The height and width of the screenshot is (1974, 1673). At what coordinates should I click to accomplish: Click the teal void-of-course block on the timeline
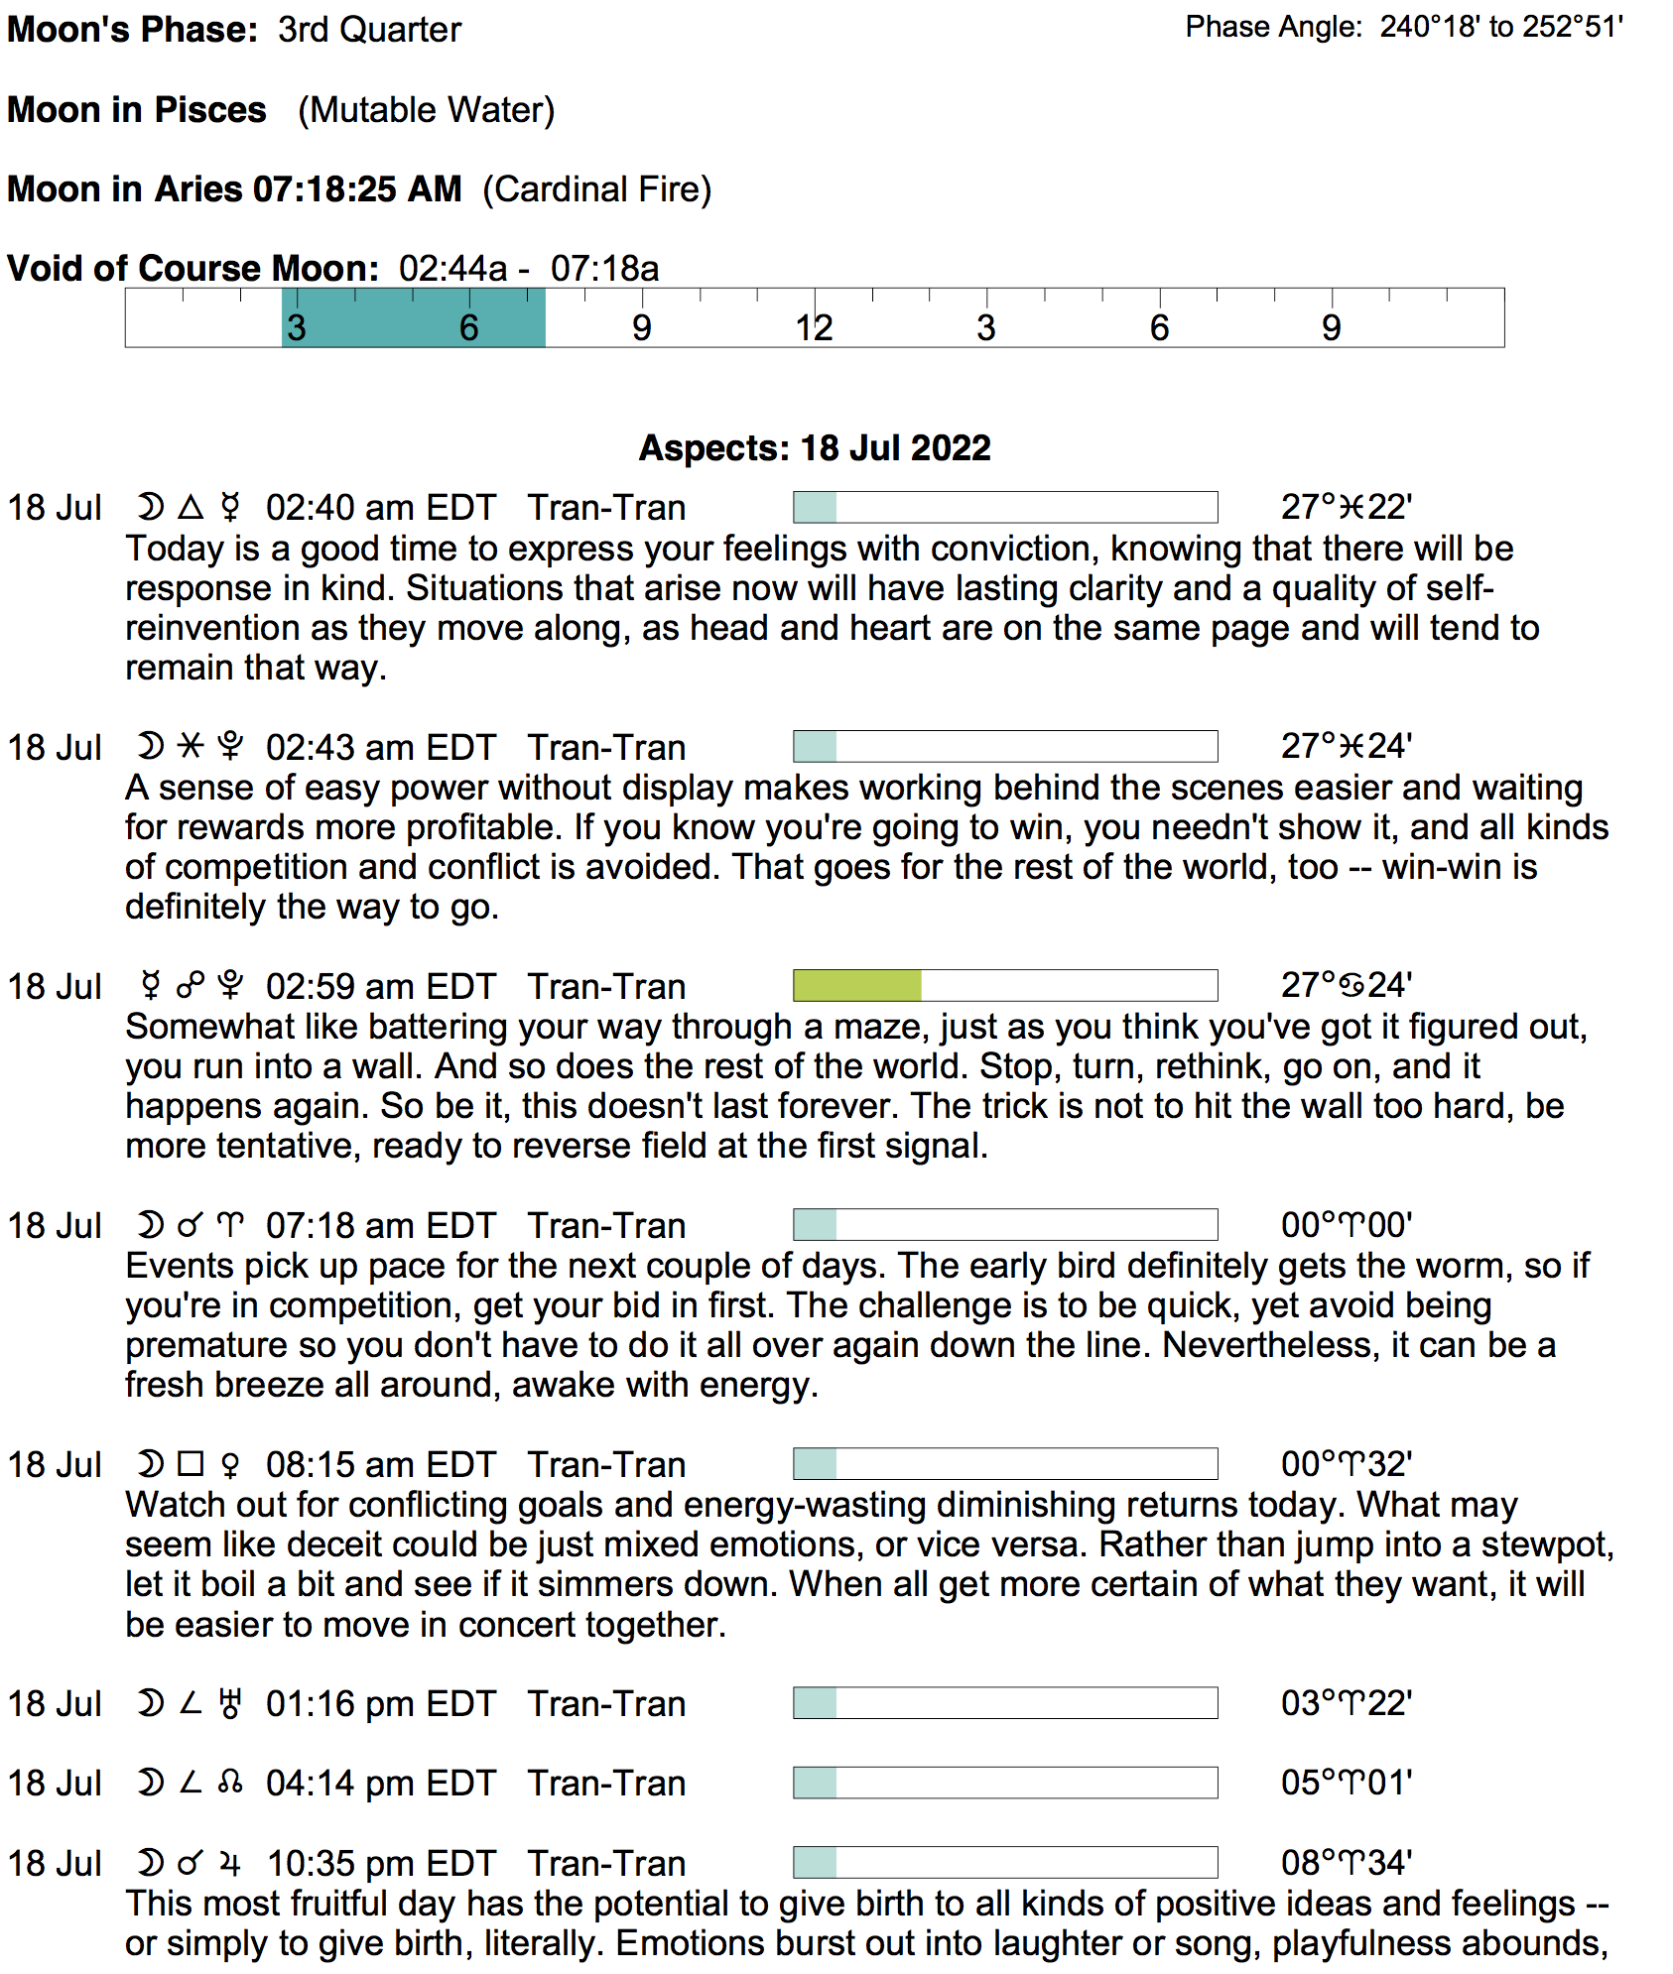coord(413,318)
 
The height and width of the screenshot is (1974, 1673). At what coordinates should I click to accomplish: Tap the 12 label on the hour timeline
coord(814,328)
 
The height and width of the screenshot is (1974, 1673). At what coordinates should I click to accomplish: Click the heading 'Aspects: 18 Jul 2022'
coord(814,448)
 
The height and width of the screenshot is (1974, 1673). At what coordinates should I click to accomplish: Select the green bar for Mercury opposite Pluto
coord(857,986)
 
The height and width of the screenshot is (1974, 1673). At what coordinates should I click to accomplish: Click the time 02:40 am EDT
coord(380,508)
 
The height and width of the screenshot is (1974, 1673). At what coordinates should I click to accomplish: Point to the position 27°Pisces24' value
coord(1346,747)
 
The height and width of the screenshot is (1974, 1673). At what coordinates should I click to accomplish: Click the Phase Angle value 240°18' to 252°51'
coord(1500,27)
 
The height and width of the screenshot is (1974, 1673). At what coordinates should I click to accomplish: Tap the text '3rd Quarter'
coord(369,30)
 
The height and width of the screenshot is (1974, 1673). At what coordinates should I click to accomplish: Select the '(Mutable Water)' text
coord(426,110)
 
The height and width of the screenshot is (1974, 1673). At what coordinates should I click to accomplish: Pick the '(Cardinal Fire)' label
coord(597,189)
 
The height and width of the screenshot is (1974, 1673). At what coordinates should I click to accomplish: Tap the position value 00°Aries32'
coord(1346,1464)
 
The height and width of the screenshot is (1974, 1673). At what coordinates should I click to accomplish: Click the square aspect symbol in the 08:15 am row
coord(191,1464)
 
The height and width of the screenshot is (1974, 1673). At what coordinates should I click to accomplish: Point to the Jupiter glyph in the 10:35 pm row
coord(230,1864)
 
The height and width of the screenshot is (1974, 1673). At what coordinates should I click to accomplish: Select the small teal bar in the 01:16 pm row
coord(815,1703)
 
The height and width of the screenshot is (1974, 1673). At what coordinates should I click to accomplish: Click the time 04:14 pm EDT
coord(380,1784)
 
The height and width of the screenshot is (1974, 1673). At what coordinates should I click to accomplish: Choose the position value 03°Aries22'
coord(1346,1703)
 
